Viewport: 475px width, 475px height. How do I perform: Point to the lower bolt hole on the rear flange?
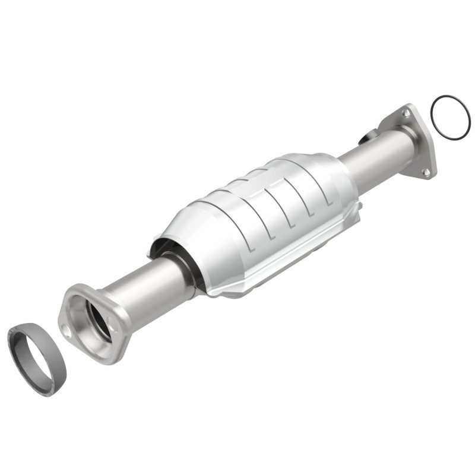425,172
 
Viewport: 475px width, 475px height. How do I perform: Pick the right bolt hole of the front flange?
112,321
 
